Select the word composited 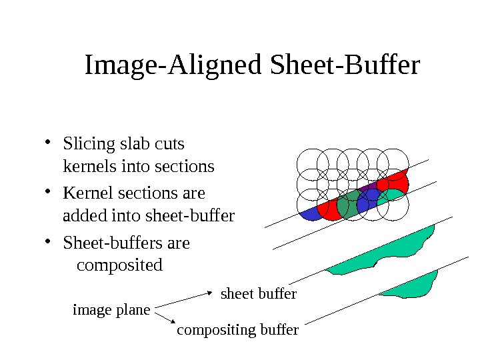tap(120, 265)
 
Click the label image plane tap(111, 309)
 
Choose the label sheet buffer tap(258, 293)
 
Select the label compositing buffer tap(237, 330)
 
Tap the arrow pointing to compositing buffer tap(165, 318)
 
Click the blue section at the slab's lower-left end tap(310, 213)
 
